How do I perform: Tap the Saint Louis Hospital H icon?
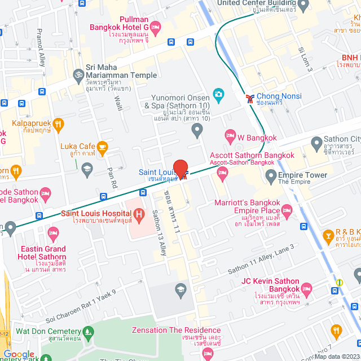pos(139,214)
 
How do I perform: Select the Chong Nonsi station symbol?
pos(249,98)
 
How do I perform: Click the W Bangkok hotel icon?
pos(230,135)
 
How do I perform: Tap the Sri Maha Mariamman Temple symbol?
pos(78,74)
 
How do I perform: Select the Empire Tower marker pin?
pos(270,177)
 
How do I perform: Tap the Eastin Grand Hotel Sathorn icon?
pos(54,232)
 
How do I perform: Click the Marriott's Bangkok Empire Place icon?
pos(287,212)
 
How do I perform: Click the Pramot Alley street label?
pos(41,47)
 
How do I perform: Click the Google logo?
pos(19,354)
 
